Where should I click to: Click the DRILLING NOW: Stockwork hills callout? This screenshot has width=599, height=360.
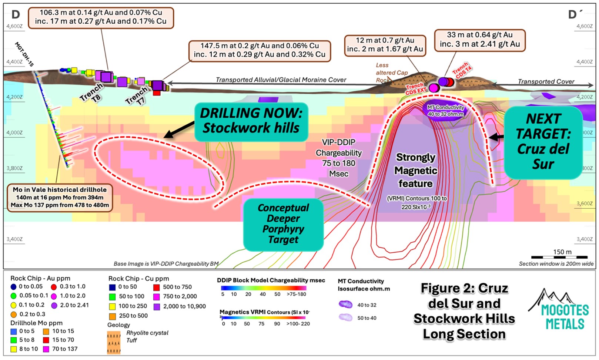[x=251, y=121]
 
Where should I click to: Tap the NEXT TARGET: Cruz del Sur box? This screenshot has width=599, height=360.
[x=543, y=142]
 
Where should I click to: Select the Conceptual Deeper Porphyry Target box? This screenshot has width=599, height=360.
[x=283, y=224]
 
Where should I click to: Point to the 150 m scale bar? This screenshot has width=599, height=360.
[x=559, y=256]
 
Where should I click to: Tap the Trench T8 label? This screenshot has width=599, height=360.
[x=91, y=92]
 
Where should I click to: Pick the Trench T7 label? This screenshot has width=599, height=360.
[x=136, y=96]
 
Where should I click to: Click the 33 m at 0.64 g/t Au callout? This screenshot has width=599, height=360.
[x=479, y=40]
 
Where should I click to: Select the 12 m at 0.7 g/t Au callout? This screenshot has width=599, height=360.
[x=385, y=45]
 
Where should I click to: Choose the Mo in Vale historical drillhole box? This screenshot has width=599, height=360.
[x=60, y=197]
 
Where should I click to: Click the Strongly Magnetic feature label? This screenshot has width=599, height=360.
[x=415, y=170]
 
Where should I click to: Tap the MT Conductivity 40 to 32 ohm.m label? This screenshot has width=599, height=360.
[x=445, y=111]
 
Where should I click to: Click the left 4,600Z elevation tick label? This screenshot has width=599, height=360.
[x=14, y=26]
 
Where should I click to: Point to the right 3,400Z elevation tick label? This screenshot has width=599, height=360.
[x=584, y=239]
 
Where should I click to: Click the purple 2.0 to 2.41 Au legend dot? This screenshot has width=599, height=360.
[x=54, y=305]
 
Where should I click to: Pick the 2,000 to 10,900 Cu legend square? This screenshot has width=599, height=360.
[x=157, y=306]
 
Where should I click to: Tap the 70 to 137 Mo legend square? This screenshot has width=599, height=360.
[x=46, y=349]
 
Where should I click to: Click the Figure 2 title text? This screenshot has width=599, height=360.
[x=464, y=311]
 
